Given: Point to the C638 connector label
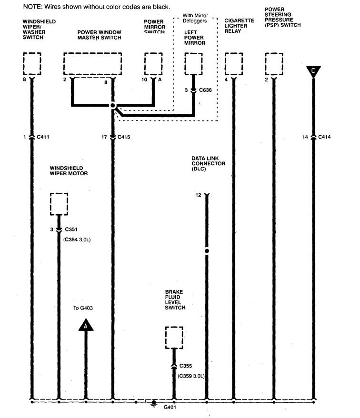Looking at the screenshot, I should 206,90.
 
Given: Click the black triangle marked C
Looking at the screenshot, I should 313,71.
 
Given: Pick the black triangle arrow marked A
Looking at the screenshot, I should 86,326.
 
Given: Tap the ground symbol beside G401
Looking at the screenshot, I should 154,404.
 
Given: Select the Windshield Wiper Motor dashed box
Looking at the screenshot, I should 59,204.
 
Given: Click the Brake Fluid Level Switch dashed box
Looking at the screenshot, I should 174,338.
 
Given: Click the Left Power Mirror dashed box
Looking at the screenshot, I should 193,63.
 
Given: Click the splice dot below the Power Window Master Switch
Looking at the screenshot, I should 113,106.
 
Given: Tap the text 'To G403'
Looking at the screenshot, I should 83,308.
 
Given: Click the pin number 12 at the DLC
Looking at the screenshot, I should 199,195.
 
